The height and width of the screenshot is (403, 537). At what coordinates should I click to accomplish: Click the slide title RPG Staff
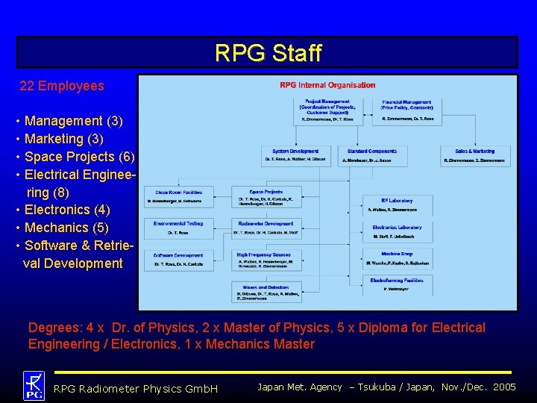coord(268,53)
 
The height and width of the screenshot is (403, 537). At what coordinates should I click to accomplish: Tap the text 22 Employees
coord(62,86)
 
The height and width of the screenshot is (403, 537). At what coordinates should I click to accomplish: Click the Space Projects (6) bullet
coord(80,157)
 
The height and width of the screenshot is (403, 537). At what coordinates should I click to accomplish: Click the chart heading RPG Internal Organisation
coord(327,85)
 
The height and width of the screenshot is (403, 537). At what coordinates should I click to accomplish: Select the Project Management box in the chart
coord(327,110)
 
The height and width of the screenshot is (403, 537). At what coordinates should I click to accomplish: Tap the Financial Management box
coord(406,110)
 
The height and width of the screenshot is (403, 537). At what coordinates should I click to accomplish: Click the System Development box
coord(295,155)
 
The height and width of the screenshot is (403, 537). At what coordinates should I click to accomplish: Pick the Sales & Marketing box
coord(474,155)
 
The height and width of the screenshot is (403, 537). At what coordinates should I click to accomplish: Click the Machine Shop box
coord(396,258)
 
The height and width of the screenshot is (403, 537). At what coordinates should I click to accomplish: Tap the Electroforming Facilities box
coord(396,284)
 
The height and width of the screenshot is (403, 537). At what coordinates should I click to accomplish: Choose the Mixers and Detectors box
coord(268,291)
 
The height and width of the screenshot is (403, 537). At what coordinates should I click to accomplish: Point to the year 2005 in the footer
coord(505,387)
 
